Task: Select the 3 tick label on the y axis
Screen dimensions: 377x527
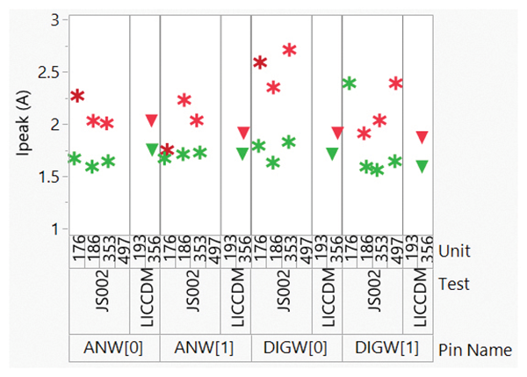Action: tap(55, 18)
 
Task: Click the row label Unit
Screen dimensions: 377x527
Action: tap(454, 251)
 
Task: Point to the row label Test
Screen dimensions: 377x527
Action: tap(454, 284)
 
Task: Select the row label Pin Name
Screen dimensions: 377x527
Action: tap(474, 349)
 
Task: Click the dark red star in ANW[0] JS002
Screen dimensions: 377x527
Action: tap(77, 96)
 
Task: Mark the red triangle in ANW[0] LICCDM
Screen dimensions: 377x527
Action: tap(151, 120)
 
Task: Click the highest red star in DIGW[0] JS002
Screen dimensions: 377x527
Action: tap(290, 50)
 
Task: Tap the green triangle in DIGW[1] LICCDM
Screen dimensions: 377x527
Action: tap(422, 165)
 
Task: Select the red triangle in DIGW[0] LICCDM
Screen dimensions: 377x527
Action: tap(336, 133)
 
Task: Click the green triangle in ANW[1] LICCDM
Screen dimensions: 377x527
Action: tap(242, 153)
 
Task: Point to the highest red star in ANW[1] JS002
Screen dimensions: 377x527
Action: tap(184, 101)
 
